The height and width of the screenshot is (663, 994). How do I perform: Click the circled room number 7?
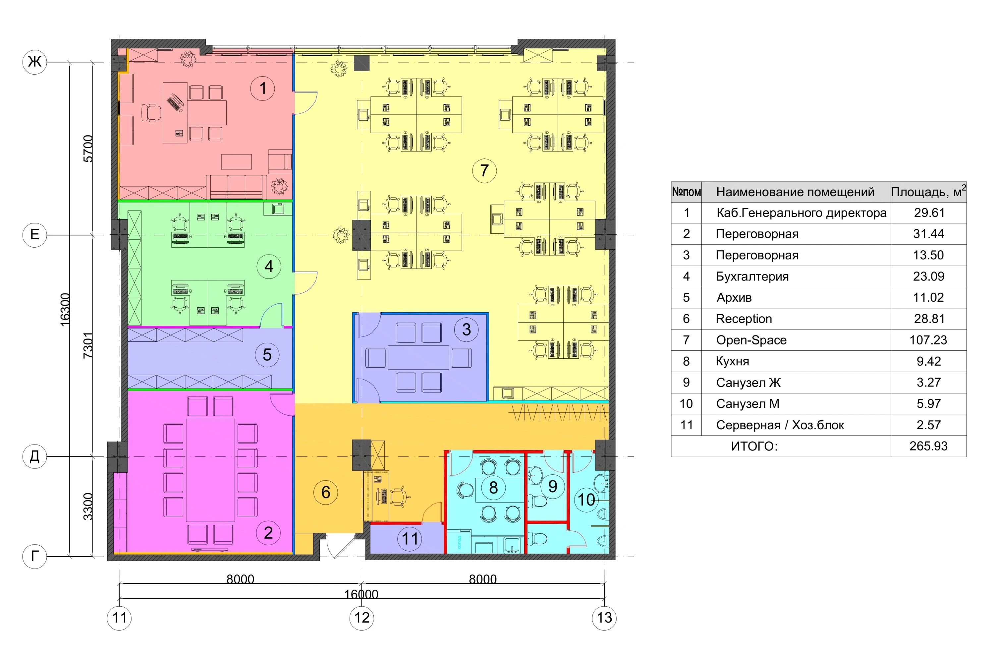[484, 171]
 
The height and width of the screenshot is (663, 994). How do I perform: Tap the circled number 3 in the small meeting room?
[466, 330]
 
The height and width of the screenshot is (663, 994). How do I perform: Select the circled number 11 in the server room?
[410, 539]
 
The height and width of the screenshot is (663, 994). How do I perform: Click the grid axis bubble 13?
[604, 618]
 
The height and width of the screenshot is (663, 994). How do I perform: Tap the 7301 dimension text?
[87, 345]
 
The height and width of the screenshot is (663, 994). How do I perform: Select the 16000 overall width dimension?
[361, 594]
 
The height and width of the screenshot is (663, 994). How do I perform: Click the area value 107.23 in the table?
[928, 340]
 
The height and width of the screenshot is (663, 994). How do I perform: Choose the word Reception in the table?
[744, 319]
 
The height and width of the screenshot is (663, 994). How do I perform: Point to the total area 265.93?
[928, 446]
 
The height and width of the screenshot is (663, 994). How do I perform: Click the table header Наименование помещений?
[796, 192]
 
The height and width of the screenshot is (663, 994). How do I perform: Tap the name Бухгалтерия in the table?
[752, 276]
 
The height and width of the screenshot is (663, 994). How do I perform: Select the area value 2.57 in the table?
[928, 425]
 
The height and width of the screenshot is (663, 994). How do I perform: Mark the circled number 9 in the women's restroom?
[552, 486]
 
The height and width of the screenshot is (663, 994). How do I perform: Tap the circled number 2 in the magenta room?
[268, 533]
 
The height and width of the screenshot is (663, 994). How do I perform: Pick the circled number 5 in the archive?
[267, 355]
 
